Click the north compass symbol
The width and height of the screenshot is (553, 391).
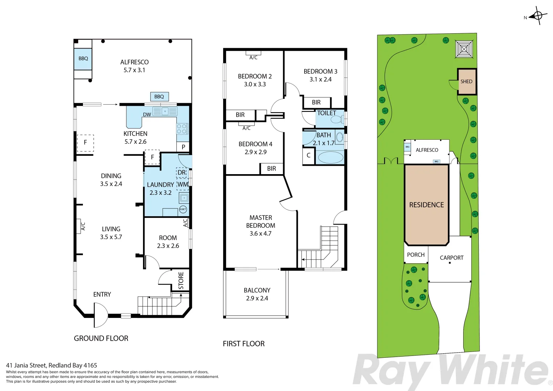click(538, 16)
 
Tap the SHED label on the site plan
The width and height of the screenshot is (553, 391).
click(466, 81)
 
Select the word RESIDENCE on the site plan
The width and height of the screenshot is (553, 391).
click(426, 205)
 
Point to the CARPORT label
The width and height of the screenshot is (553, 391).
click(451, 258)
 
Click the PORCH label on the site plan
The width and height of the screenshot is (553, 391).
click(415, 255)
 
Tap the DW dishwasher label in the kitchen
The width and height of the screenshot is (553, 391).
click(147, 115)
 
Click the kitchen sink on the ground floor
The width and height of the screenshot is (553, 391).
click(165, 111)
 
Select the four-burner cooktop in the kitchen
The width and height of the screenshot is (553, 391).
click(182, 129)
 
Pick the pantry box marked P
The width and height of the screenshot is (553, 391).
click(183, 147)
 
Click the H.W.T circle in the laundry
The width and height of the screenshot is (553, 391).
click(183, 209)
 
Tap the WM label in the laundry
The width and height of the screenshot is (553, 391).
click(183, 185)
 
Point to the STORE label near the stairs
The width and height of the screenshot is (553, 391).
click(181, 280)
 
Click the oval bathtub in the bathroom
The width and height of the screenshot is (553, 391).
click(330, 157)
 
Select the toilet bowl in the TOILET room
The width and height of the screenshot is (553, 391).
click(336, 119)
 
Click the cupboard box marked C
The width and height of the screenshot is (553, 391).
click(309, 156)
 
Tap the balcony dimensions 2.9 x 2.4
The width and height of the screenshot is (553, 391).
click(257, 298)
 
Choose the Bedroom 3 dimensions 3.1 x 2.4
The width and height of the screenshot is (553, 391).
click(320, 79)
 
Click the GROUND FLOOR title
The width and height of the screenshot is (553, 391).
click(101, 339)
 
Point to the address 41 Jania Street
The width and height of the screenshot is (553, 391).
click(51, 365)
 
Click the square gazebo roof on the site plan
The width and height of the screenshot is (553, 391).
click(464, 49)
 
